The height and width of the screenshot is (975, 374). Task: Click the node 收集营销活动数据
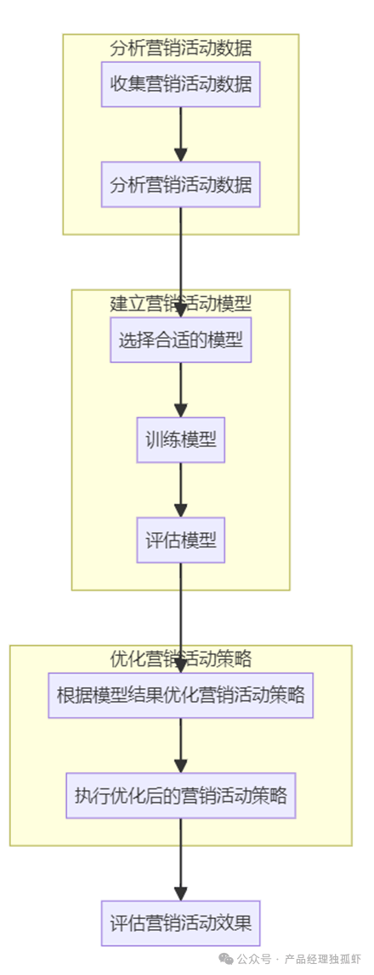[181, 84]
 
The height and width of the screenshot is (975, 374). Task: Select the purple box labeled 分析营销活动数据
[181, 184]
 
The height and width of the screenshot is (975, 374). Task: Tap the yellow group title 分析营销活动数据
[181, 48]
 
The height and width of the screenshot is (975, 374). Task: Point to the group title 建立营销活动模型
[181, 304]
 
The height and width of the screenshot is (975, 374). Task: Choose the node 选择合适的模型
[181, 339]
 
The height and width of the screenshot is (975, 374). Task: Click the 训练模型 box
[181, 440]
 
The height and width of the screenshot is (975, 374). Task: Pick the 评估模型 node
[181, 541]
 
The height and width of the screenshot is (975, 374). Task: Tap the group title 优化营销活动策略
[181, 658]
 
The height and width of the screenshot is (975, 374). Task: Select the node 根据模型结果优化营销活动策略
[181, 695]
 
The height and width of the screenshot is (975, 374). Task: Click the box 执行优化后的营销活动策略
[181, 795]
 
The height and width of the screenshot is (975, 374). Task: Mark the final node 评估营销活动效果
[181, 923]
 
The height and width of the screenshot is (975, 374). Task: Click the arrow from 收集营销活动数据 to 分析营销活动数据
[181, 134]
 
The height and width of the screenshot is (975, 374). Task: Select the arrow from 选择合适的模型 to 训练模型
[181, 389]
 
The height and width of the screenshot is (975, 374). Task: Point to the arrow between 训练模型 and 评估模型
[181, 490]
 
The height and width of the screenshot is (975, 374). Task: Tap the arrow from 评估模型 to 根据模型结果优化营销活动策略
[181, 618]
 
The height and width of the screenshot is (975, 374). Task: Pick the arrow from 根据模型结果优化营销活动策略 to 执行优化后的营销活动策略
[181, 746]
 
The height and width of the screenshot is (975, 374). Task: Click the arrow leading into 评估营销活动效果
[181, 860]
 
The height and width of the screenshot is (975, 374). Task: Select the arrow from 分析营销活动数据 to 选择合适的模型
[181, 262]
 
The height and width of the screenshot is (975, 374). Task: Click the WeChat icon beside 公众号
[226, 960]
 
